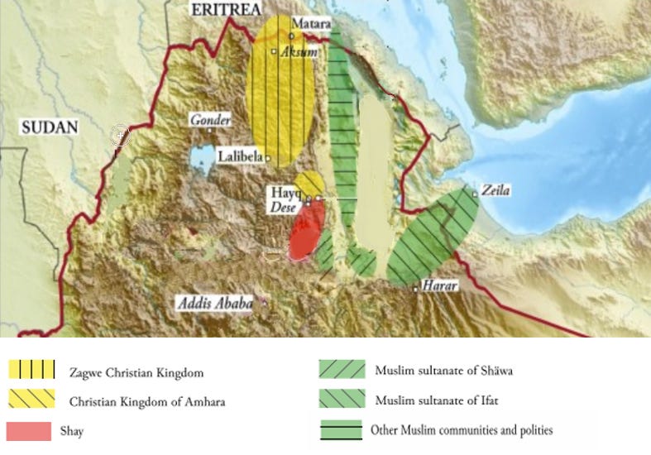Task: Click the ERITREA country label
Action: click(226, 9)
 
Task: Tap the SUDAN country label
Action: click(49, 127)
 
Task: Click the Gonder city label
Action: click(210, 120)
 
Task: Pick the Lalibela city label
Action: click(241, 156)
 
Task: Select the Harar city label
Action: click(439, 285)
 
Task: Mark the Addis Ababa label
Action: click(214, 304)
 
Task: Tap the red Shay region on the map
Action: click(306, 234)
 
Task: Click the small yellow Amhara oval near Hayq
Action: click(310, 183)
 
